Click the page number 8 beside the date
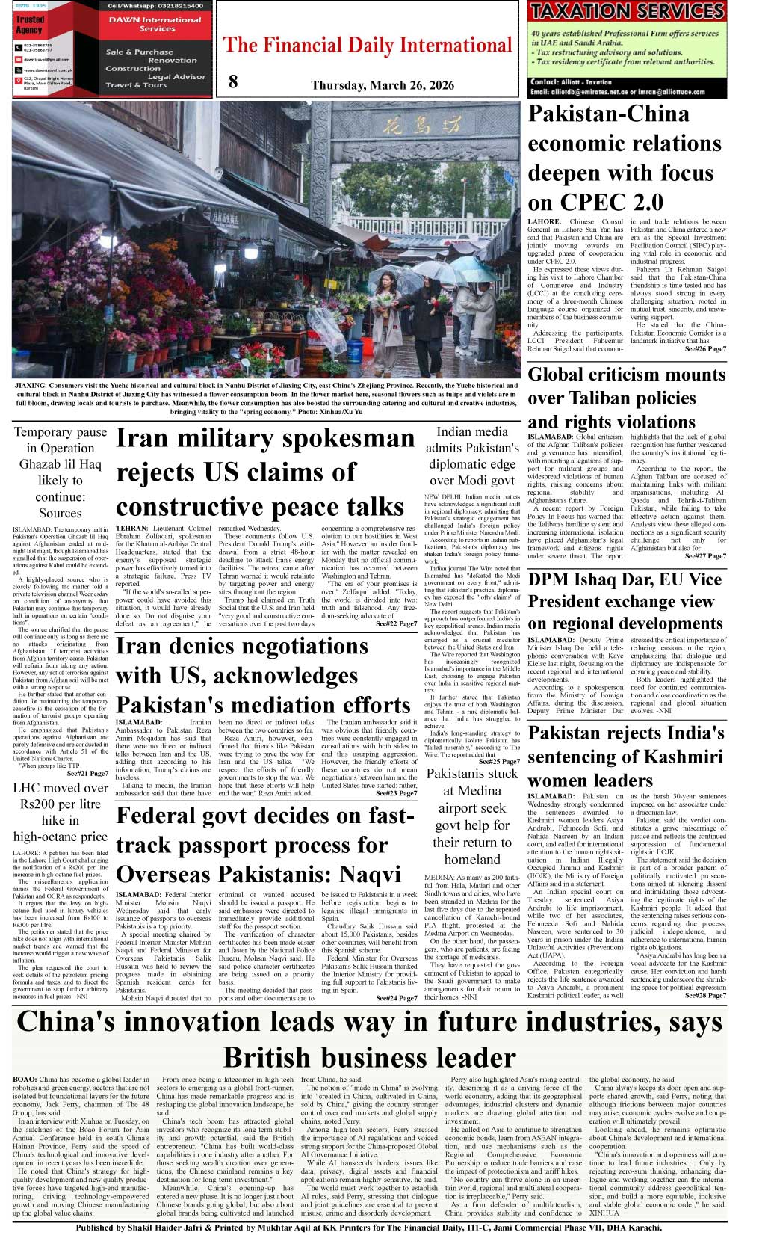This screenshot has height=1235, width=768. coord(233,82)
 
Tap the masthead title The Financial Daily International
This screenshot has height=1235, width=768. coord(368,46)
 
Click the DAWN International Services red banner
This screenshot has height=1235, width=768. coord(156,24)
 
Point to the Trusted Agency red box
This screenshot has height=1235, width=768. coord(31,25)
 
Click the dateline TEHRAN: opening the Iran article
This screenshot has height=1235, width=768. coord(132,529)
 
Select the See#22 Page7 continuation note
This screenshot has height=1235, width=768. coord(396,623)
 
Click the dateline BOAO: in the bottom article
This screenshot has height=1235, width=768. coord(25,1080)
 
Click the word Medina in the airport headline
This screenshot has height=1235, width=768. coord(472,791)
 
